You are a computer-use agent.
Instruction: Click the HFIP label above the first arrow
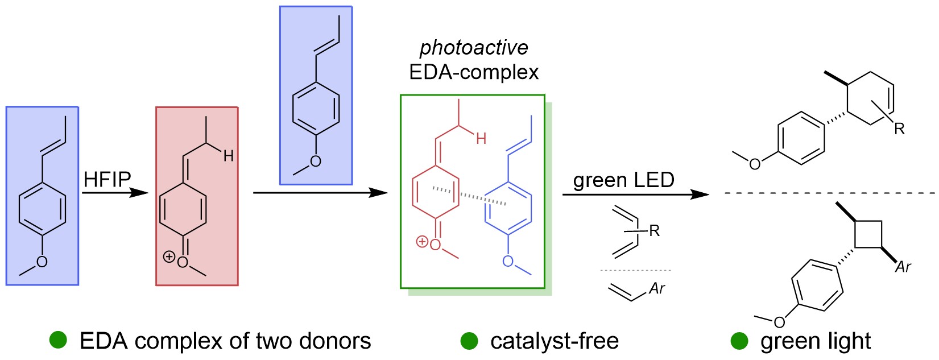[107, 180]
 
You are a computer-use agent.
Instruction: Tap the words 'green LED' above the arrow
[623, 180]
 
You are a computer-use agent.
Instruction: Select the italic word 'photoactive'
[474, 48]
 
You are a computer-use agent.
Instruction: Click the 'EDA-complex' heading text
[474, 72]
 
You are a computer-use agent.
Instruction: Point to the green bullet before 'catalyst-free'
[469, 341]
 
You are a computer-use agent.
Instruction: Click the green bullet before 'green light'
[739, 341]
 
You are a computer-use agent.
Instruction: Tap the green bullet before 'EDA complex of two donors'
[58, 340]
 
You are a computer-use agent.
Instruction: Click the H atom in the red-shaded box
[228, 156]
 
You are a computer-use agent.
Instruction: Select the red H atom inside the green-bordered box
[481, 138]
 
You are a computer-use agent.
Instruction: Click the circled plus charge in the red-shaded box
[168, 256]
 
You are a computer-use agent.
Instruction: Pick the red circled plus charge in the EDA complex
[421, 242]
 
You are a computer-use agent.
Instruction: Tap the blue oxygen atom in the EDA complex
[507, 262]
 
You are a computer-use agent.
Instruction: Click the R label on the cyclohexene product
[899, 129]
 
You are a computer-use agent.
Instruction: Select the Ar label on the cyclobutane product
[903, 267]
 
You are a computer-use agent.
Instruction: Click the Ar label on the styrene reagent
[657, 289]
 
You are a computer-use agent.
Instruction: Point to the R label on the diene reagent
[654, 231]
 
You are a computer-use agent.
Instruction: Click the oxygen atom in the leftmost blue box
[42, 262]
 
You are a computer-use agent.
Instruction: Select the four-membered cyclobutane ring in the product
[868, 234]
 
